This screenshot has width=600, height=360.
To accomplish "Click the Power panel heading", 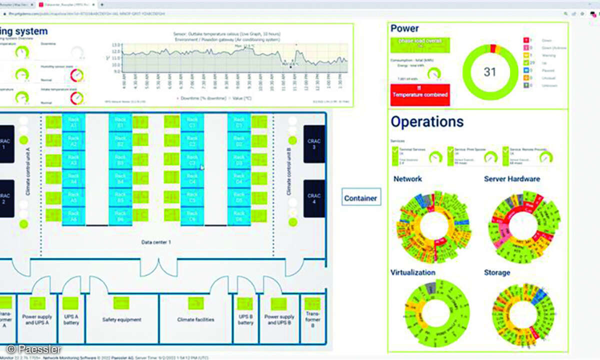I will click(404, 28).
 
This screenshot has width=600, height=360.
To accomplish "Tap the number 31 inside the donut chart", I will click(490, 72).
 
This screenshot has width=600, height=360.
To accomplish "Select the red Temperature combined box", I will click(420, 94).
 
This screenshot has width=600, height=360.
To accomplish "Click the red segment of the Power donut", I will click(492, 48).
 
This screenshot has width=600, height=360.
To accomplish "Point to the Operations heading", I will click(427, 121).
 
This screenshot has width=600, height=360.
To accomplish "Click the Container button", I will click(360, 198).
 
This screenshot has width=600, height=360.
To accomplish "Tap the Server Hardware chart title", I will click(511, 178).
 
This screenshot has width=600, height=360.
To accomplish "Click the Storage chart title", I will click(496, 272).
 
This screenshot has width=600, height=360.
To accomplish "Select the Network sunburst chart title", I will click(407, 178).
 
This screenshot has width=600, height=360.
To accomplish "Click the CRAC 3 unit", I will click(314, 144).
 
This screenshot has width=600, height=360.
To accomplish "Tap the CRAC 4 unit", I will click(314, 198).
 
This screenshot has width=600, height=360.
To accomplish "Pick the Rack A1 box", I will click(73, 122).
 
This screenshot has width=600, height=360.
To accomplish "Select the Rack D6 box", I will click(239, 216).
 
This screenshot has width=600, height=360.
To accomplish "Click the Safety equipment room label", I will click(121, 319).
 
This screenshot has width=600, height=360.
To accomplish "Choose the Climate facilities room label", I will click(195, 319).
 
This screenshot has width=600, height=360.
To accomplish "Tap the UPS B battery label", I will click(245, 319).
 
